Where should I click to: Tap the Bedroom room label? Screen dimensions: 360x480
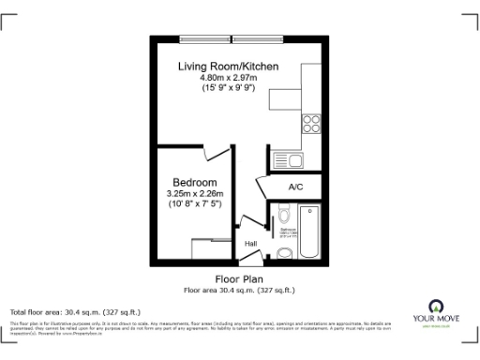(195, 182)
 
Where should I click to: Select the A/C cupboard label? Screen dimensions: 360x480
(295, 187)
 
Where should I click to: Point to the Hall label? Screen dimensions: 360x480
(251, 245)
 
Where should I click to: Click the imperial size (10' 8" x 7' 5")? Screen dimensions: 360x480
(195, 203)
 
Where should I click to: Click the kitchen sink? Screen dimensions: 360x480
(284, 160)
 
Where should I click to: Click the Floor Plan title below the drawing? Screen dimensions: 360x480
(239, 279)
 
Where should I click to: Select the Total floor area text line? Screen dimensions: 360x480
(75, 311)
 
